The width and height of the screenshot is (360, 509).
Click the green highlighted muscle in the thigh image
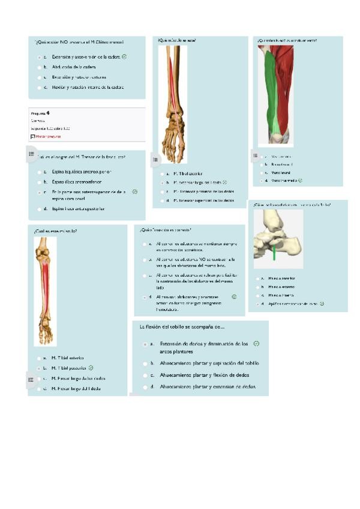point(273,96)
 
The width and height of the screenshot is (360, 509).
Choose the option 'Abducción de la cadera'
point(74,67)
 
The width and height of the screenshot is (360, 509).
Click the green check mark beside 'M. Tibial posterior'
point(91,367)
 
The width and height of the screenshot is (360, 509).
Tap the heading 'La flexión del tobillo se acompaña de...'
point(181,327)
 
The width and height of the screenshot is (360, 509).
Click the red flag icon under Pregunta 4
point(32,136)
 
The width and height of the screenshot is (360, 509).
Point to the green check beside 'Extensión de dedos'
point(256,344)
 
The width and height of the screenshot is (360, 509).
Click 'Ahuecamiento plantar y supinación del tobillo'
point(209,363)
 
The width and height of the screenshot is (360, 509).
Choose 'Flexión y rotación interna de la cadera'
point(88,87)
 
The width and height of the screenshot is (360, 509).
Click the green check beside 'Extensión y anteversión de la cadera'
point(124,56)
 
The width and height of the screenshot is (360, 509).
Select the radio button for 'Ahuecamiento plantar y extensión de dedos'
point(145,387)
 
